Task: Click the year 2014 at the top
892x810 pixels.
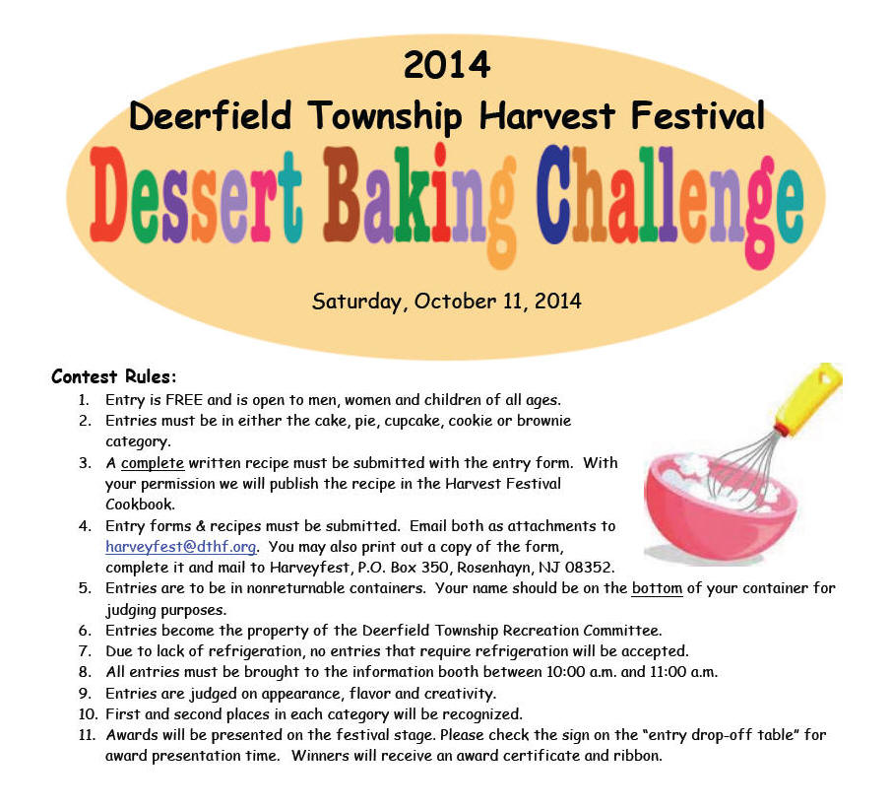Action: [447, 64]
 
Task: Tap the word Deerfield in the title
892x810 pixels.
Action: [211, 115]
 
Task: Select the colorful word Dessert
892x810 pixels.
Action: [196, 195]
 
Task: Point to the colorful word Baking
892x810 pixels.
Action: [419, 202]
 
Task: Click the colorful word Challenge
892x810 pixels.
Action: [670, 202]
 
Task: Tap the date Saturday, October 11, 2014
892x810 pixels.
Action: [447, 302]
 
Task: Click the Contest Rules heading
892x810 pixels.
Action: [114, 376]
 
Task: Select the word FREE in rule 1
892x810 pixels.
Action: [184, 400]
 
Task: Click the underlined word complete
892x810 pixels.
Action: [153, 463]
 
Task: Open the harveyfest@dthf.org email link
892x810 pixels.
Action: [181, 547]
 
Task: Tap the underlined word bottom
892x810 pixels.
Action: [657, 588]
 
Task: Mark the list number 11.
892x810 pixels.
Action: [88, 735]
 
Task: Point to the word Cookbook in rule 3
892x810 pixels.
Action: [140, 505]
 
